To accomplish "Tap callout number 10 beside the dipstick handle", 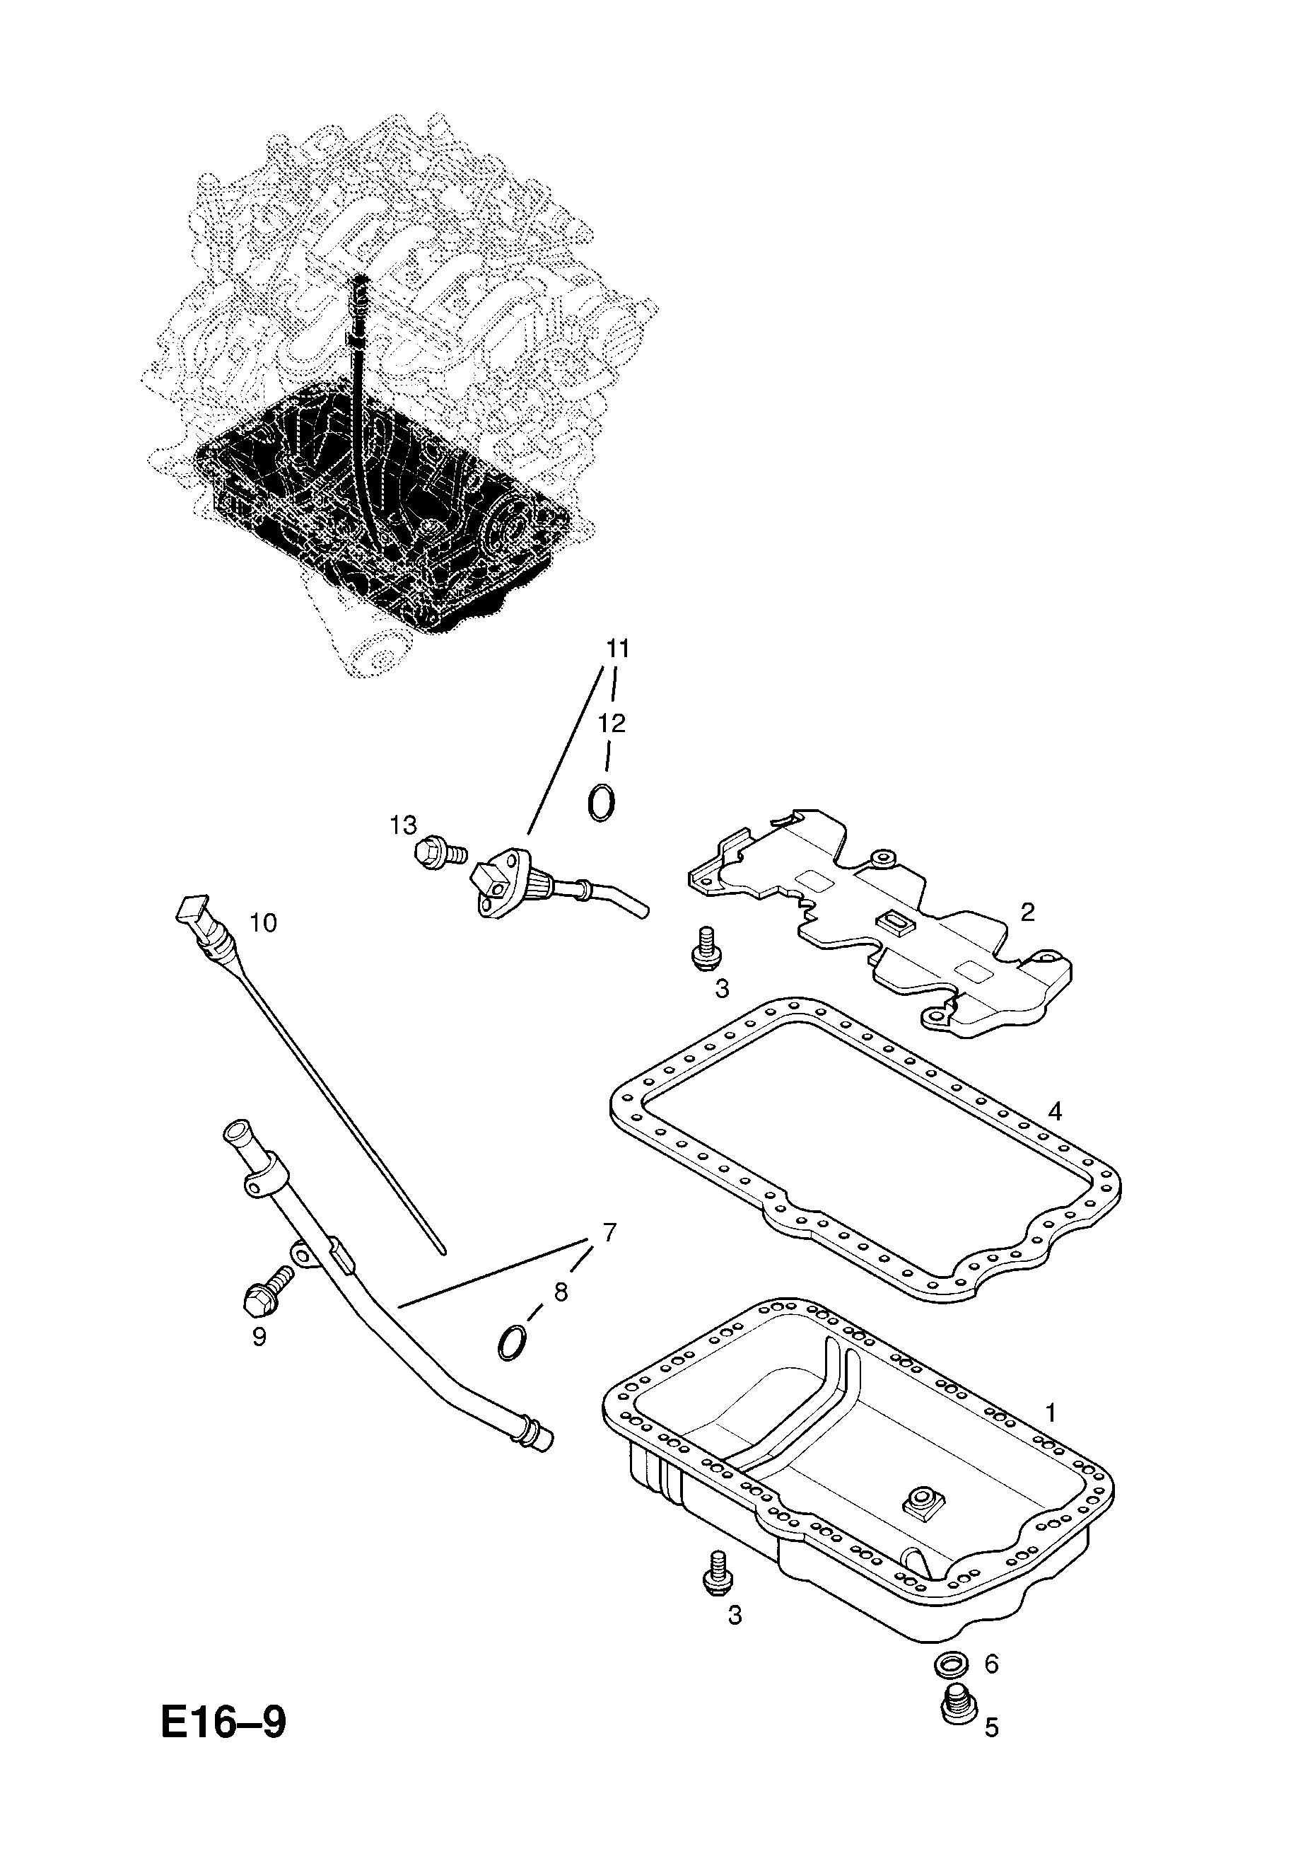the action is tap(263, 922).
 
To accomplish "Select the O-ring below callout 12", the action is tap(601, 804).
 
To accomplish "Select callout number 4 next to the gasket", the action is tap(1053, 1111).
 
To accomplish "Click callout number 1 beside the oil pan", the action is tap(1050, 1413).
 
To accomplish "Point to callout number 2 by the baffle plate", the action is tap(1027, 912).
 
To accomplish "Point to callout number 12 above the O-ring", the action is tap(614, 723).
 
